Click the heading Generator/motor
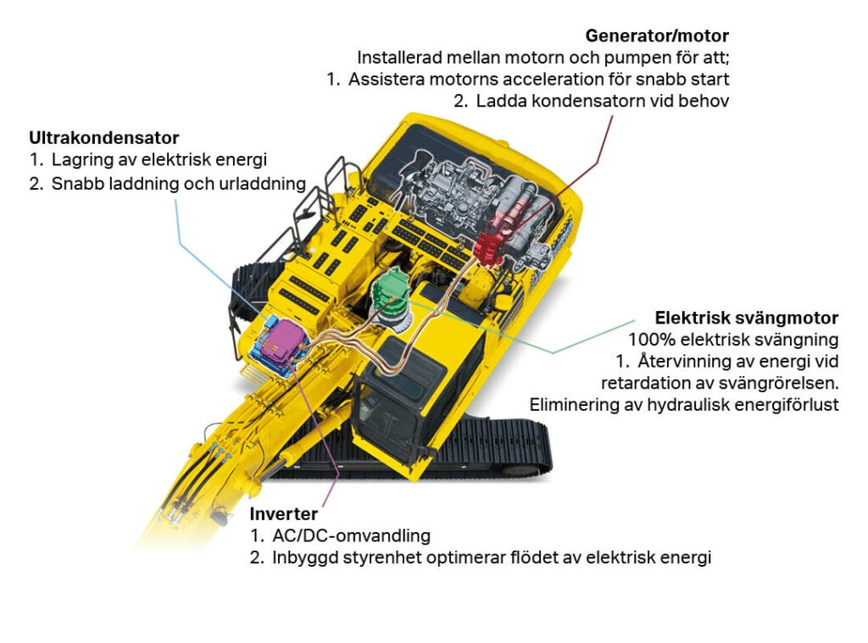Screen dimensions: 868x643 pyautogui.click(x=657, y=36)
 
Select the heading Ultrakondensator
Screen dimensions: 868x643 pyautogui.click(x=104, y=137)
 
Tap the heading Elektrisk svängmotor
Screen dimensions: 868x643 pyautogui.click(x=746, y=318)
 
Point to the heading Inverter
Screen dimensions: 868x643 pyautogui.click(x=283, y=513)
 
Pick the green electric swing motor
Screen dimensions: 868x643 pyautogui.click(x=392, y=291)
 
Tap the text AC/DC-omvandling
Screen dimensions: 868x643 pyautogui.click(x=351, y=535)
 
